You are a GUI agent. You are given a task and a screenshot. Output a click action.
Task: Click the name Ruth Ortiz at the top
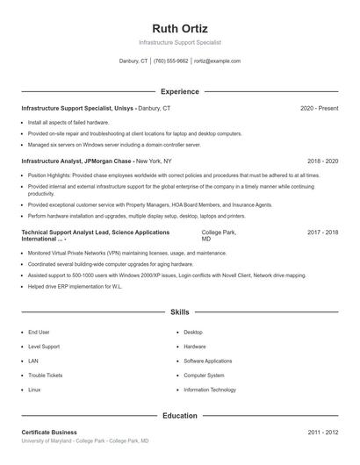coord(180,27)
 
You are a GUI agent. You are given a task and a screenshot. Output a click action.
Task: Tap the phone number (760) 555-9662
coord(171,61)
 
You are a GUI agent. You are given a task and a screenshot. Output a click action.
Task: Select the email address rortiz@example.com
coord(217,61)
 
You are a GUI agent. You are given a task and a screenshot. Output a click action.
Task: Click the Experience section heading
coord(180,91)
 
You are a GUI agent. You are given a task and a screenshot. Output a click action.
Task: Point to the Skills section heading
coord(180,311)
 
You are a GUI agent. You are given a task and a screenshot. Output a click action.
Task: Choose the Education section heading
coord(180,415)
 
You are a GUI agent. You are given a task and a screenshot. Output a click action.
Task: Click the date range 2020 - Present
coord(319,108)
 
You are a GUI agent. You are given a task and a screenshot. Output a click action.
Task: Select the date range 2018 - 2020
coord(322,161)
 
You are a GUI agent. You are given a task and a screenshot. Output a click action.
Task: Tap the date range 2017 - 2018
coord(322,232)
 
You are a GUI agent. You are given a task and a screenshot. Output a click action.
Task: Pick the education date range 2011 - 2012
coord(322,433)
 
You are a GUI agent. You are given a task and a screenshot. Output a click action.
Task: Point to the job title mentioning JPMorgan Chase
coord(76,161)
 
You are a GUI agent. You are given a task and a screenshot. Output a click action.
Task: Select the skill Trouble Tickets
coord(45,375)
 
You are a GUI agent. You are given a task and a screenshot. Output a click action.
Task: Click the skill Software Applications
coord(208,361)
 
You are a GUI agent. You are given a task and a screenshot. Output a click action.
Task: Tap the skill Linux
coord(34,389)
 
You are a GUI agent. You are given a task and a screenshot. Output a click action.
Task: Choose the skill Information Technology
coord(210,389)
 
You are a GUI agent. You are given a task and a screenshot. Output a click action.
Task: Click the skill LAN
coord(33,361)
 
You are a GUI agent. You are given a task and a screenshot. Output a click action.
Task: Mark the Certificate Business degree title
coord(49,433)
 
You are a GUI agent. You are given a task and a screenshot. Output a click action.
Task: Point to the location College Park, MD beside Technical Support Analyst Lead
coord(219,235)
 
